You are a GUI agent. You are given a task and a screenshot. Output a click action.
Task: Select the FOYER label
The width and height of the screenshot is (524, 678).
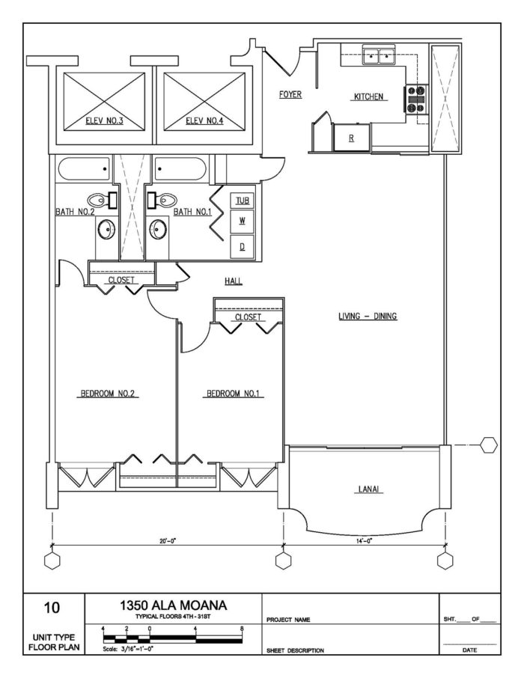(x=290, y=94)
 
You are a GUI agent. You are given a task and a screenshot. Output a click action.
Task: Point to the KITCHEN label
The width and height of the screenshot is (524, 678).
(x=368, y=97)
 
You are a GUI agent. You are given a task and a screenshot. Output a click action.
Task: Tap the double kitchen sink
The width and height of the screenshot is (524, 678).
(x=380, y=54)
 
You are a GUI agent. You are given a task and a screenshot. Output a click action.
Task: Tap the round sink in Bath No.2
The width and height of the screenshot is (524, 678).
(x=106, y=228)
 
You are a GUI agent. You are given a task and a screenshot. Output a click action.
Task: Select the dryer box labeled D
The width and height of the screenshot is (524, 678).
(x=242, y=245)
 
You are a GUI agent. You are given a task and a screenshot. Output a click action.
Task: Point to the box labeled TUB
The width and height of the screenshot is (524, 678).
(x=242, y=201)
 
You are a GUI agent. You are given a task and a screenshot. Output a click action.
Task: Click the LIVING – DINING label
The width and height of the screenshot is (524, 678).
(x=366, y=317)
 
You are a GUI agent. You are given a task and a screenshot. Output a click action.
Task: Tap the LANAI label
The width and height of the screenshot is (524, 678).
(x=367, y=491)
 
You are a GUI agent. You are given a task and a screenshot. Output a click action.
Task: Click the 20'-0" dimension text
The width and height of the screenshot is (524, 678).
(x=168, y=540)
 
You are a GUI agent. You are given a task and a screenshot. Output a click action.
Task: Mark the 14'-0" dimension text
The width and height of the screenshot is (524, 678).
(x=365, y=540)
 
